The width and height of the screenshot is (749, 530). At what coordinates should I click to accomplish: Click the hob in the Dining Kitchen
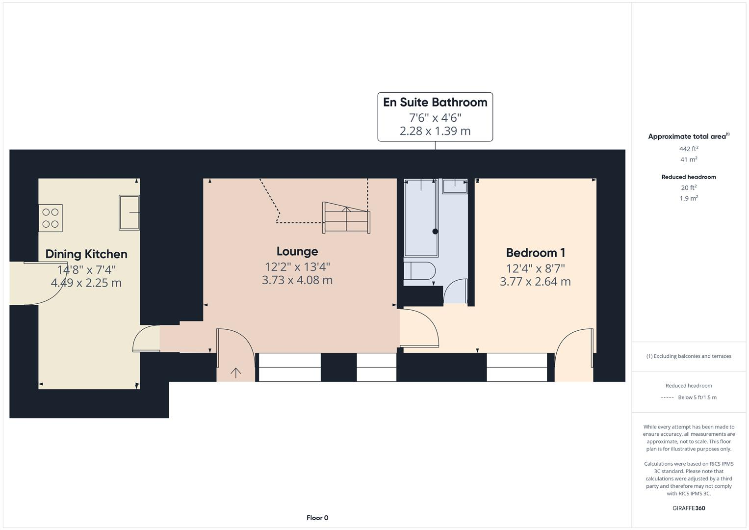[51, 218]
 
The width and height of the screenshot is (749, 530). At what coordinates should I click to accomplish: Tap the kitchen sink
[129, 212]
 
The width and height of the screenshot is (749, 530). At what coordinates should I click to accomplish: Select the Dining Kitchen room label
[86, 254]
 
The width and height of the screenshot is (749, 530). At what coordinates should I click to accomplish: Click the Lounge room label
[297, 251]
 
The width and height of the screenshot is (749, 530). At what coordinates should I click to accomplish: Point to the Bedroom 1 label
[535, 253]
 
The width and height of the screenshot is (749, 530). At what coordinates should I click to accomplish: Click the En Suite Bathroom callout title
[435, 102]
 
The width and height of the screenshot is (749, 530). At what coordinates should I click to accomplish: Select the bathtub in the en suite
[421, 217]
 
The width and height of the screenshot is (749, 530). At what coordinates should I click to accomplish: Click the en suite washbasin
[455, 186]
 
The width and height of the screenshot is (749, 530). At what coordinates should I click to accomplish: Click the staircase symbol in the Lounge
[346, 217]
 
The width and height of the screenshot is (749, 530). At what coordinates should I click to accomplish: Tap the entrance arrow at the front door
[236, 373]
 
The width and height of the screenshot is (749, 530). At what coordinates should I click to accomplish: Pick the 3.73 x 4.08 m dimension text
[297, 280]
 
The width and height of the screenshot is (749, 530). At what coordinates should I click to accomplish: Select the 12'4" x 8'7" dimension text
[535, 268]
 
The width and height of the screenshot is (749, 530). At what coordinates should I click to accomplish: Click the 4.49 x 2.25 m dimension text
[86, 283]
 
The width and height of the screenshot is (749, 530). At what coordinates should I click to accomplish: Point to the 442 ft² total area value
[689, 149]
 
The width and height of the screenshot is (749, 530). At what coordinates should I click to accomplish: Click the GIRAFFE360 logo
[689, 508]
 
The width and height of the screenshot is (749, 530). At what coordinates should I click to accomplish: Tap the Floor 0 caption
[317, 518]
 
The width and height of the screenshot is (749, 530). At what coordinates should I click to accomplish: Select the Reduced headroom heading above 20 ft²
[689, 177]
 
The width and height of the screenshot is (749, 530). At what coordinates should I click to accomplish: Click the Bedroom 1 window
[517, 367]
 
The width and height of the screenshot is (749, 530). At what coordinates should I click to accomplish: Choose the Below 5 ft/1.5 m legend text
[697, 397]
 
